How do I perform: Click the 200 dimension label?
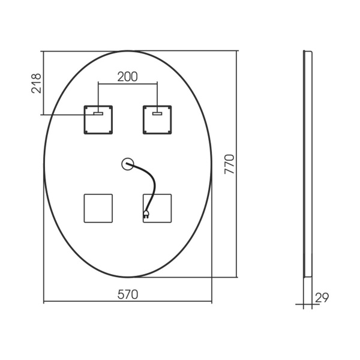[x=127, y=77]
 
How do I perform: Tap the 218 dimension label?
[x=36, y=83]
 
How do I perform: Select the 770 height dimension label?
[x=229, y=164]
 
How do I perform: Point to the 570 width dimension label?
[x=128, y=295]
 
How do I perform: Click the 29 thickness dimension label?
[x=322, y=298]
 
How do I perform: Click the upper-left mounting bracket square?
[x=98, y=119]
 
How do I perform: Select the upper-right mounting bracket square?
[x=157, y=119]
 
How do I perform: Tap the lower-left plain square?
[x=98, y=208]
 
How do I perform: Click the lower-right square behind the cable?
[x=157, y=208]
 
